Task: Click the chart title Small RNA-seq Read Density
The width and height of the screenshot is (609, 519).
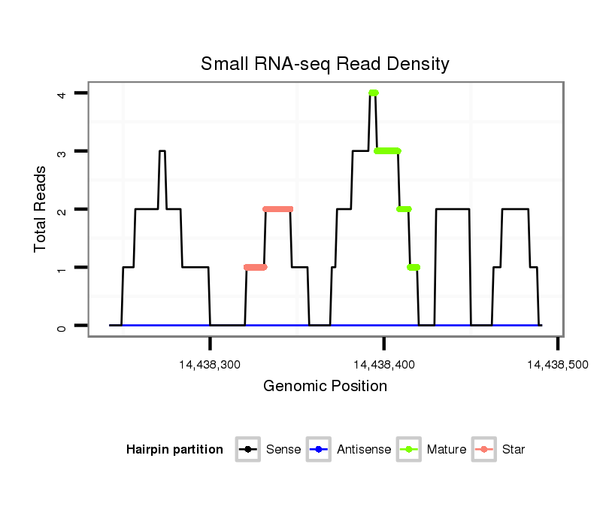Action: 325,64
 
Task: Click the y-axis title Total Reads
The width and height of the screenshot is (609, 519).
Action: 41,209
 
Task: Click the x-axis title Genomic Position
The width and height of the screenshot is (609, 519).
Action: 325,387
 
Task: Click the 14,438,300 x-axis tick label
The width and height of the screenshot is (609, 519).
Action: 211,364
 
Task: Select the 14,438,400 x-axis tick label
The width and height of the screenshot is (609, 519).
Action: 384,364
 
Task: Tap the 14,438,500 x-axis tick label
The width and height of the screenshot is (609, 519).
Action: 557,364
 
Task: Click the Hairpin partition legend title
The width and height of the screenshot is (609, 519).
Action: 174,450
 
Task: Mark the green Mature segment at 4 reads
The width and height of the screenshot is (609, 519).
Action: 373,93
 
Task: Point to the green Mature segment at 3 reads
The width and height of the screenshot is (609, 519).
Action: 387,151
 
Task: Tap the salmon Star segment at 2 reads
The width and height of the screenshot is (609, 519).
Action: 277,209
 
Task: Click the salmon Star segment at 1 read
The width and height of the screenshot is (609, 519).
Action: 255,267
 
